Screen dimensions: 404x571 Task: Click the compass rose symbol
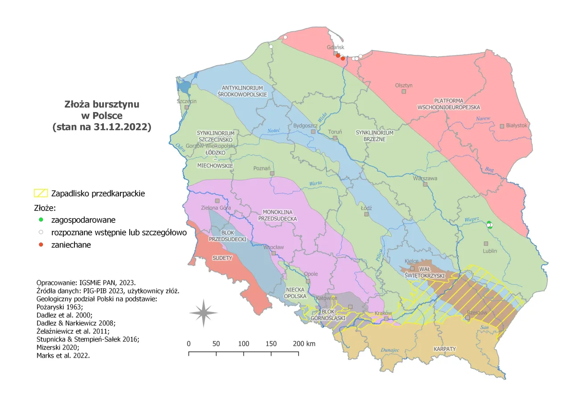click(203, 313)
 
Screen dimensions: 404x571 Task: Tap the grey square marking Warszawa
click(425, 184)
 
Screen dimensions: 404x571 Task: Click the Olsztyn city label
click(404, 85)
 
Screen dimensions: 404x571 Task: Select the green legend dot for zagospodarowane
click(41, 220)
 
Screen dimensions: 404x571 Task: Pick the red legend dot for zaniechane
click(41, 245)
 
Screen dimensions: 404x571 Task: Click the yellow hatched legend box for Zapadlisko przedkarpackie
click(41, 194)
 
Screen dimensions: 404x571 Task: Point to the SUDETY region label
click(222, 258)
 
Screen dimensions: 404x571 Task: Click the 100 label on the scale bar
click(244, 344)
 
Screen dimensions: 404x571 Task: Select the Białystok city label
click(517, 125)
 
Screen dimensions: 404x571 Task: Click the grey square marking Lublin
click(486, 244)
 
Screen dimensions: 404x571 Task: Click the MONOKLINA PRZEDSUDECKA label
click(280, 215)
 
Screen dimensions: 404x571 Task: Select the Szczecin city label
click(186, 101)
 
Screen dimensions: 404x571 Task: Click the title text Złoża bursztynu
click(102, 104)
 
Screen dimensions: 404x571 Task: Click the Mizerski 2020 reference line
click(58, 347)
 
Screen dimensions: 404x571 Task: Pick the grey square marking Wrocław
click(274, 253)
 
